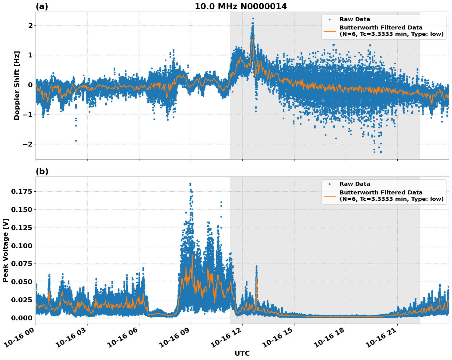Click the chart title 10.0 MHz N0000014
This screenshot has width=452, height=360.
[x=241, y=6]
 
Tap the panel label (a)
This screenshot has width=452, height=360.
[x=42, y=6]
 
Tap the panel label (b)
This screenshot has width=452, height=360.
[x=42, y=171]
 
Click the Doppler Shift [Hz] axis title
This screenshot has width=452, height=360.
[x=17, y=85]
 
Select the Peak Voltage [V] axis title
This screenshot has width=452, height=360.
[x=6, y=250]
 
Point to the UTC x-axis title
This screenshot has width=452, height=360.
[x=242, y=353]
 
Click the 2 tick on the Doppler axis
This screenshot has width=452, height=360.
[x=30, y=26]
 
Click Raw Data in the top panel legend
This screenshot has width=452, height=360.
[x=355, y=19]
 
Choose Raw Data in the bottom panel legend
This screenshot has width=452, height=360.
[x=355, y=184]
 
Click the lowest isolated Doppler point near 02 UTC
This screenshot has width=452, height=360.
[x=76, y=141]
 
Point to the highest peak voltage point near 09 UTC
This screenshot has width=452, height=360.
[x=190, y=184]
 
